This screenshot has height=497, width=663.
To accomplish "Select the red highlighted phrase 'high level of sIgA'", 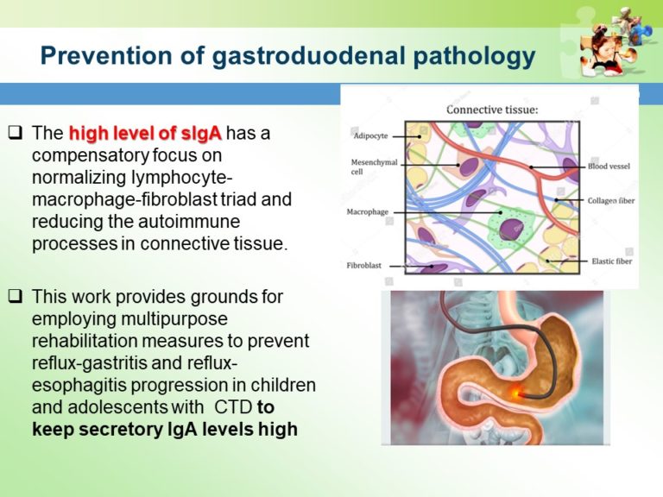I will pyautogui.click(x=145, y=133).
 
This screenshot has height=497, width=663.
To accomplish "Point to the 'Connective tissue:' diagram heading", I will pyautogui.click(x=492, y=110).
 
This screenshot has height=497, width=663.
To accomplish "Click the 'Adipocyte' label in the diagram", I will pyautogui.click(x=369, y=136).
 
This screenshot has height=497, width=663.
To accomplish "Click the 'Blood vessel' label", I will pyautogui.click(x=609, y=167).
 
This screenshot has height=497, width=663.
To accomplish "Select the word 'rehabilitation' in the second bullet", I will pyautogui.click(x=79, y=340).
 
